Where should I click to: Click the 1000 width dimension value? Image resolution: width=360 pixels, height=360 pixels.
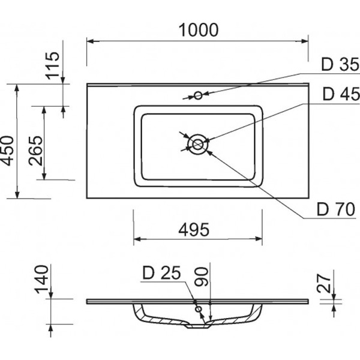click(197, 28)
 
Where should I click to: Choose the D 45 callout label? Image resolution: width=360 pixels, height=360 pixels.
click(340, 94)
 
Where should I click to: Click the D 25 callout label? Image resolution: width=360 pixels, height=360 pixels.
click(161, 274)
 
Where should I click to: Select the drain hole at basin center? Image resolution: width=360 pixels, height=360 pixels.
click(197, 143)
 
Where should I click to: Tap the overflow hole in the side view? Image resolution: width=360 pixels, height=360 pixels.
click(199, 307)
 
